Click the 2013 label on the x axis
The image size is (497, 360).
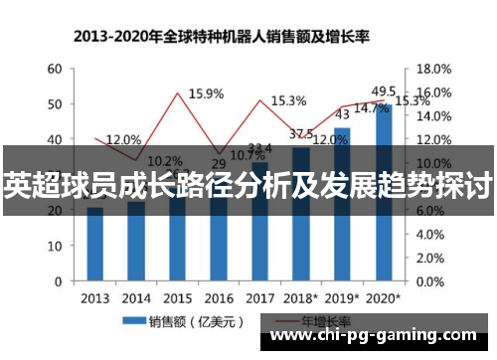[x=95, y=297]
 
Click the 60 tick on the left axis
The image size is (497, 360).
[x=55, y=69]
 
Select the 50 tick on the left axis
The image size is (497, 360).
[x=55, y=104]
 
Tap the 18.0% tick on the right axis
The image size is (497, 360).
[x=432, y=69]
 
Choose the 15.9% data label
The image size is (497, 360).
[x=205, y=93]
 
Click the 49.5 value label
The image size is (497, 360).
[x=384, y=90]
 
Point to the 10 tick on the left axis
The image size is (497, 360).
[x=55, y=247]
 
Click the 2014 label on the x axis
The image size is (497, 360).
[x=137, y=297]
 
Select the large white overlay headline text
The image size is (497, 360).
[x=248, y=183]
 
